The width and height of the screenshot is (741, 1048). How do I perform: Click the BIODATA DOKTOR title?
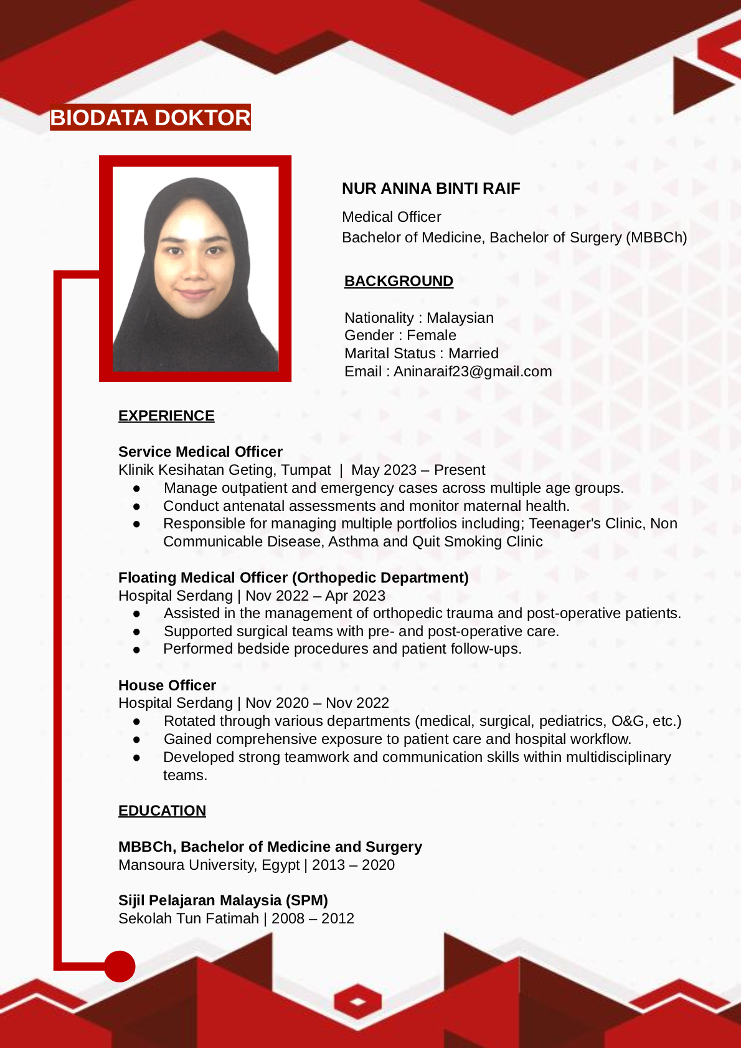(x=150, y=118)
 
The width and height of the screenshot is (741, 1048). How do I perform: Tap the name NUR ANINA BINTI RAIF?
(x=431, y=188)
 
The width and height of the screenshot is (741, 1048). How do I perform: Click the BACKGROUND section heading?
(x=399, y=281)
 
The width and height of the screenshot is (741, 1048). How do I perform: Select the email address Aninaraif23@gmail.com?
(x=473, y=371)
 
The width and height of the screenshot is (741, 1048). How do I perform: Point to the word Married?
(x=473, y=353)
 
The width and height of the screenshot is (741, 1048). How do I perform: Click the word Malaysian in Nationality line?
(x=460, y=318)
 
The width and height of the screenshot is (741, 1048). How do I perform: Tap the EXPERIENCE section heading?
(x=166, y=416)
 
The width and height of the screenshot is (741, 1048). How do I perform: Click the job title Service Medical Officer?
(x=201, y=452)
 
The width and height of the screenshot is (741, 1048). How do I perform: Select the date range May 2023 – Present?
(x=418, y=470)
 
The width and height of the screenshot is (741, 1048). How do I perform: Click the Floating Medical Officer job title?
(x=293, y=578)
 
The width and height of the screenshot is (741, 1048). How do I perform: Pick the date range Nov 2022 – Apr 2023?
(x=315, y=596)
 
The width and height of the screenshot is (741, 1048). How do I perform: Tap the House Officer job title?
(x=167, y=685)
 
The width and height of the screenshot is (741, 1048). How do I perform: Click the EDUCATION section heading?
(x=162, y=811)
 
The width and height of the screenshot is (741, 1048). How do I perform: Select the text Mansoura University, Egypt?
(x=209, y=865)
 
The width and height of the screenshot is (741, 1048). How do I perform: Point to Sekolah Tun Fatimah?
(x=189, y=918)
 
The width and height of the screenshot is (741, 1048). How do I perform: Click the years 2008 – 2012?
(x=313, y=918)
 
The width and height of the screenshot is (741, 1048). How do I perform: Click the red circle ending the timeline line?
(x=120, y=966)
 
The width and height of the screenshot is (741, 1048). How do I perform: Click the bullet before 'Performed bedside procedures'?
(x=136, y=649)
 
